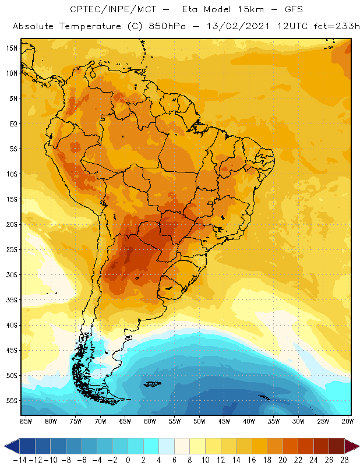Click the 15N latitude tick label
[x=12, y=48]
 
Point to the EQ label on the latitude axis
[x=12, y=123]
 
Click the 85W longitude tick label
[x=26, y=421]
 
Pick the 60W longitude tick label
[x=150, y=421]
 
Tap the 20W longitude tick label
[x=348, y=421]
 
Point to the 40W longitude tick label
[x=249, y=421]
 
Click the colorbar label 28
[x=344, y=460]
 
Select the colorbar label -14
[x=20, y=460]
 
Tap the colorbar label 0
[x=128, y=460]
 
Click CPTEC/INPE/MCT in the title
[x=109, y=10]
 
